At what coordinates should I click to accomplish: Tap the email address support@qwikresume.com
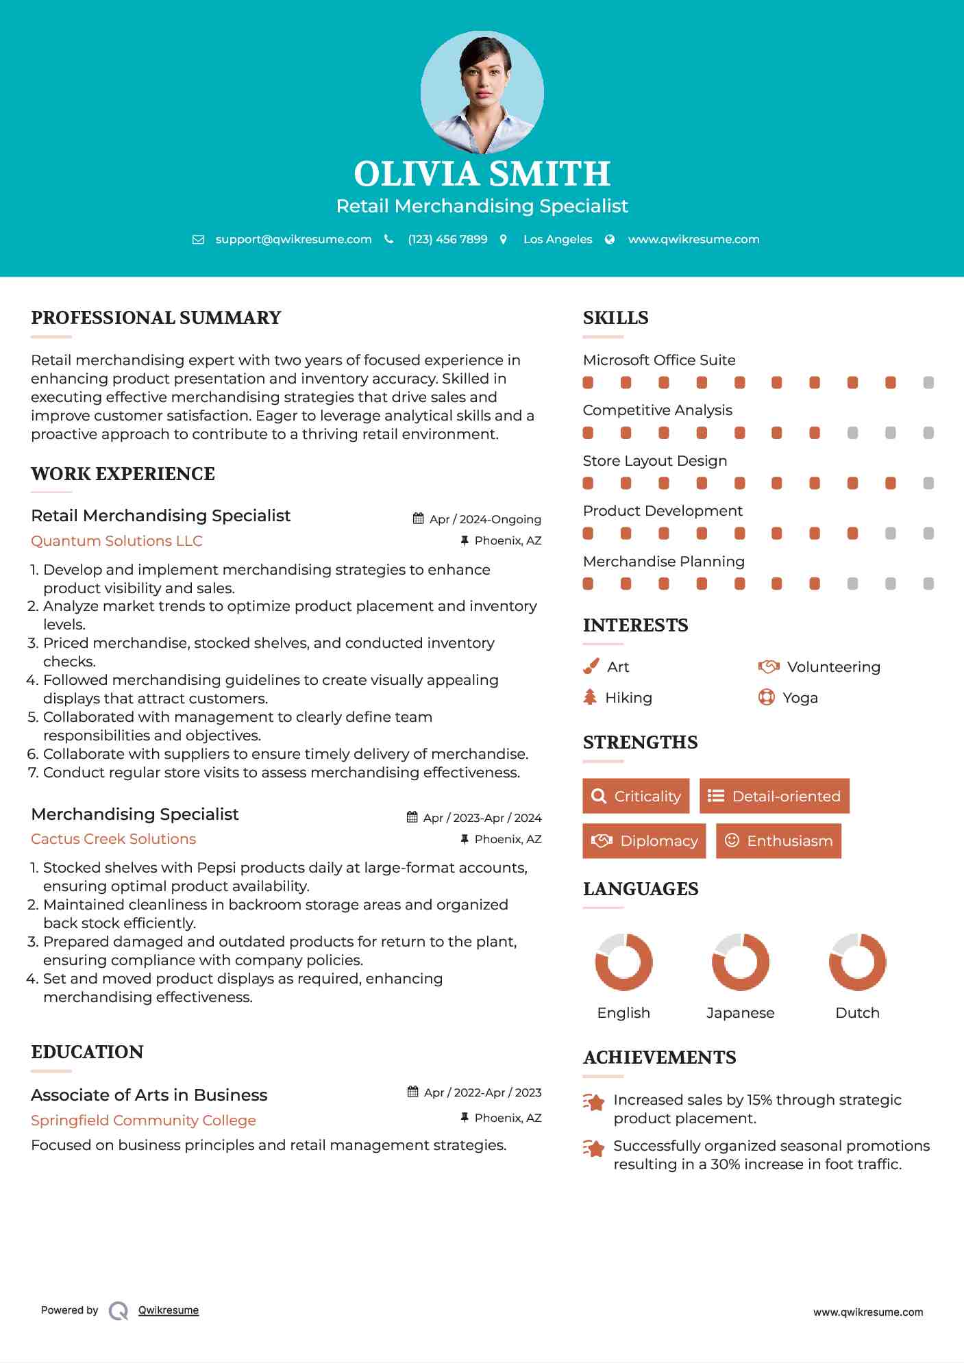[x=293, y=239]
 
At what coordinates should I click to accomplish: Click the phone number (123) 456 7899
[x=447, y=239]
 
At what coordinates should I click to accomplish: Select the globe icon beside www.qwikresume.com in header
[x=610, y=239]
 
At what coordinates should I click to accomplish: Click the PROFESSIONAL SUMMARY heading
[x=156, y=318]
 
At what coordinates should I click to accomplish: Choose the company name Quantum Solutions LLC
[x=116, y=541]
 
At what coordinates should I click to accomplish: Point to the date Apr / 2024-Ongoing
[x=485, y=519]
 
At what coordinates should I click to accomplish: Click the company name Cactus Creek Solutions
[x=113, y=839]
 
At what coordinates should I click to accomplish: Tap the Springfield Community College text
[x=143, y=1121]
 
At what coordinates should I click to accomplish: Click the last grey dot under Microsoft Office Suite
[x=928, y=383]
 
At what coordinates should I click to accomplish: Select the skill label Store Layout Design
[x=654, y=461]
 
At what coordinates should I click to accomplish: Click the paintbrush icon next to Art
[x=591, y=666]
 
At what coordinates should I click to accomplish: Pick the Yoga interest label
[x=800, y=698]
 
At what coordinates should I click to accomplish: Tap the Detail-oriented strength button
[x=774, y=796]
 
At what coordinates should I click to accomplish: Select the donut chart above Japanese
[x=740, y=962]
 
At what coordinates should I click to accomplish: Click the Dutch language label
[x=857, y=1013]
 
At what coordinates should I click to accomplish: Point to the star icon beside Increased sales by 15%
[x=593, y=1102]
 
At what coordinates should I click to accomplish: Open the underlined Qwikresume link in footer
[x=169, y=1310]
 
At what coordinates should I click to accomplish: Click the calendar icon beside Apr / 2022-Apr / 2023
[x=412, y=1092]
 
